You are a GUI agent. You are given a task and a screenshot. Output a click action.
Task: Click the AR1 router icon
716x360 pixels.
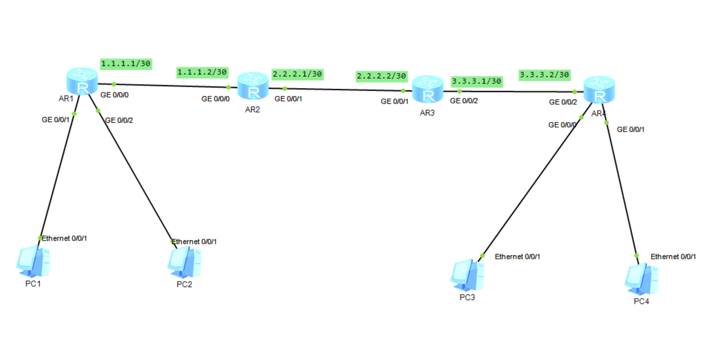82,81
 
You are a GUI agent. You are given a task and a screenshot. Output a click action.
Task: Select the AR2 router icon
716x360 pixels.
253,86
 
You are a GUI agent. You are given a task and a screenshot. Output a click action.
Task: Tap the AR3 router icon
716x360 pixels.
427,89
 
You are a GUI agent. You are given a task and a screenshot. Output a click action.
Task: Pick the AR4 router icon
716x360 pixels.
599,90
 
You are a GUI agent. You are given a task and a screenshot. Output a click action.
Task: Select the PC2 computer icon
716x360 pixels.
184,262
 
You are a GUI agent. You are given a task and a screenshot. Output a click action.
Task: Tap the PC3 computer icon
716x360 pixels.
467,275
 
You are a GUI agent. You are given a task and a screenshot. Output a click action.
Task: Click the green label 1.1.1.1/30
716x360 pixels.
126,64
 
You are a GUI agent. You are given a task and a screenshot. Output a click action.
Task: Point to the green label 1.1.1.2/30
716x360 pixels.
202,72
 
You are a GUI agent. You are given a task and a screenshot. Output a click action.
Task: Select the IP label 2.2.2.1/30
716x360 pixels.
297,74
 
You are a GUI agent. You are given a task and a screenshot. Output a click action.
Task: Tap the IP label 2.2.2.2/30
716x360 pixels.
381,76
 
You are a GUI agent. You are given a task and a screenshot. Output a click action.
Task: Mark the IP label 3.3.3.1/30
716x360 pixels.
476,81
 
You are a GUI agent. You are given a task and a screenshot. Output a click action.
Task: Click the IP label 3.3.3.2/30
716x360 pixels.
544,75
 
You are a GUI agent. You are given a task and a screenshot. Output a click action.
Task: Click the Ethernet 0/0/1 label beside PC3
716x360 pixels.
517,257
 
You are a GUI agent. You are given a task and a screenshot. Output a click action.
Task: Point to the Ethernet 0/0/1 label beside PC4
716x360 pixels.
673,257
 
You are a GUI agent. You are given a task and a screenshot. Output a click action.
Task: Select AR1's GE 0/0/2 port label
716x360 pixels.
119,120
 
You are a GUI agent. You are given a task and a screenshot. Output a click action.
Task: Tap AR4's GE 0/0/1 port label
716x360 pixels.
630,130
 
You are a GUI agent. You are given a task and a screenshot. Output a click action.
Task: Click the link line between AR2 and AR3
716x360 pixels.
343,90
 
